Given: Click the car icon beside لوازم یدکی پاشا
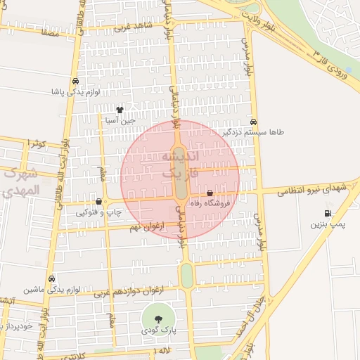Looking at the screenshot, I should pyautogui.click(x=75, y=80).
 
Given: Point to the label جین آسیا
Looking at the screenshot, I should pyautogui.click(x=119, y=120).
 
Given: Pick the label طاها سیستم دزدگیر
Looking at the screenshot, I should pyautogui.click(x=253, y=131).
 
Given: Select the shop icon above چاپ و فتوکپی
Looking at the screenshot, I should pyautogui.click(x=98, y=202).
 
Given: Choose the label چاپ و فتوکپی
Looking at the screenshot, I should pyautogui.click(x=98, y=212).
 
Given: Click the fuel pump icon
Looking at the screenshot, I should pyautogui.click(x=327, y=214).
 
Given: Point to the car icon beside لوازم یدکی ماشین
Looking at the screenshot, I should pyautogui.click(x=51, y=278).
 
